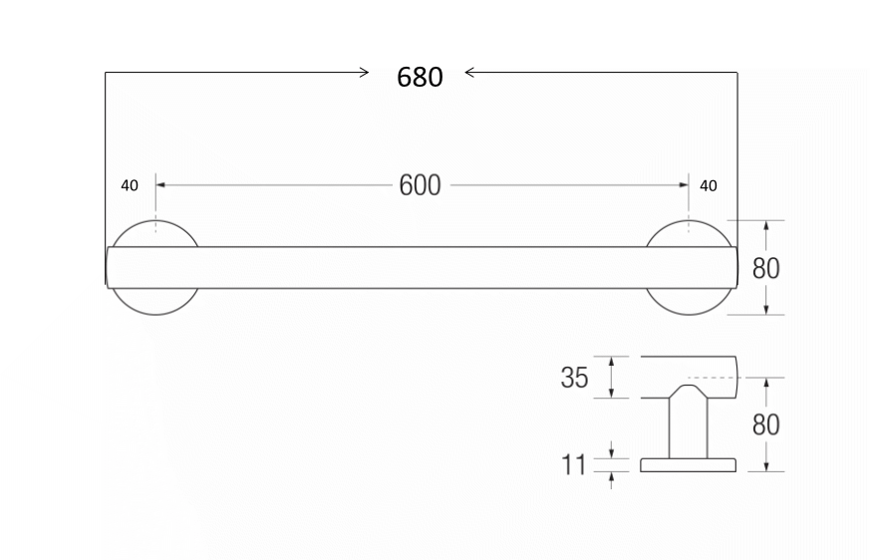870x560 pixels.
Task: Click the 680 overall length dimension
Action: click(x=420, y=77)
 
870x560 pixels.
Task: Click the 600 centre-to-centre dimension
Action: click(x=420, y=186)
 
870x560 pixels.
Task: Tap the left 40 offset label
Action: click(x=130, y=185)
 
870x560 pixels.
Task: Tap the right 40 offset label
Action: click(x=709, y=185)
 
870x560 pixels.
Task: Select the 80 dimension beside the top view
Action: click(x=766, y=268)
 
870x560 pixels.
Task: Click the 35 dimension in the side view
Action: click(x=574, y=379)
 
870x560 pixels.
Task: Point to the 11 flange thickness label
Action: click(x=575, y=463)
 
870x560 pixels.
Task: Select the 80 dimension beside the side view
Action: click(x=766, y=424)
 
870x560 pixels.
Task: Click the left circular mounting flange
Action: click(x=154, y=302)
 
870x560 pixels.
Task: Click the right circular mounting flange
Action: click(x=688, y=302)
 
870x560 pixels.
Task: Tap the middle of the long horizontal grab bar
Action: click(x=420, y=267)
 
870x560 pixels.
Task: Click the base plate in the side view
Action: click(x=687, y=464)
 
